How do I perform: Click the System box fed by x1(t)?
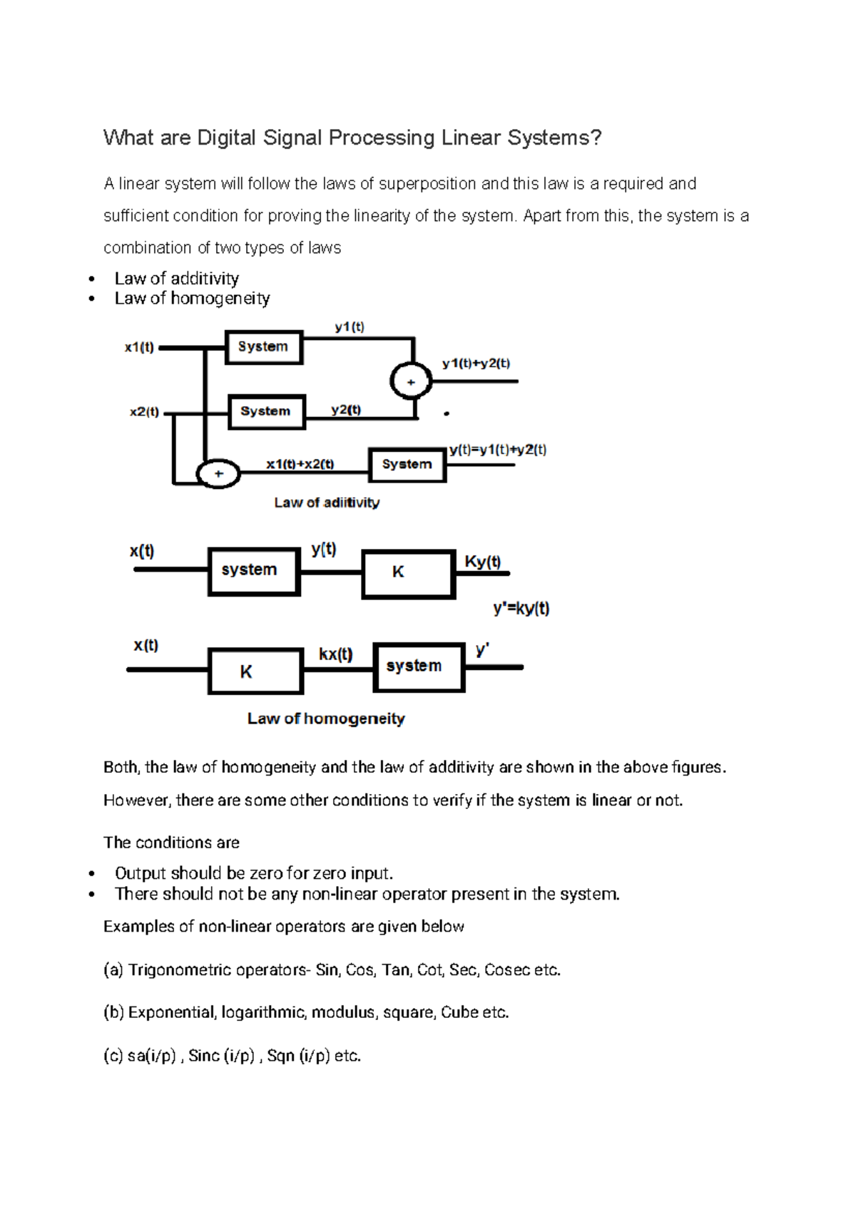(264, 347)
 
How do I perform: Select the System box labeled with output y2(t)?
(266, 412)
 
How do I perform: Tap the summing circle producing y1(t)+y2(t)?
(411, 381)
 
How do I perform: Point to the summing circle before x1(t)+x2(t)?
(218, 474)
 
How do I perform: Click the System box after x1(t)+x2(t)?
(407, 465)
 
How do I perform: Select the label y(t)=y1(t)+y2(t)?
(498, 450)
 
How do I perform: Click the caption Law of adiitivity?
(327, 503)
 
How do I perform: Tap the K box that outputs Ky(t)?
(408, 573)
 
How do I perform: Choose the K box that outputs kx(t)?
(255, 671)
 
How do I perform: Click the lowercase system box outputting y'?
(419, 667)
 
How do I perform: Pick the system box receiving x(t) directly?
(254, 571)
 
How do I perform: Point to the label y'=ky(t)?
(521, 609)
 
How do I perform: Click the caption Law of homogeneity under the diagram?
(326, 719)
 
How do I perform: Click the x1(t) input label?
(139, 348)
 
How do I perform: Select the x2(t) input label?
(144, 412)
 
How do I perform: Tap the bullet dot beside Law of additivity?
(91, 279)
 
